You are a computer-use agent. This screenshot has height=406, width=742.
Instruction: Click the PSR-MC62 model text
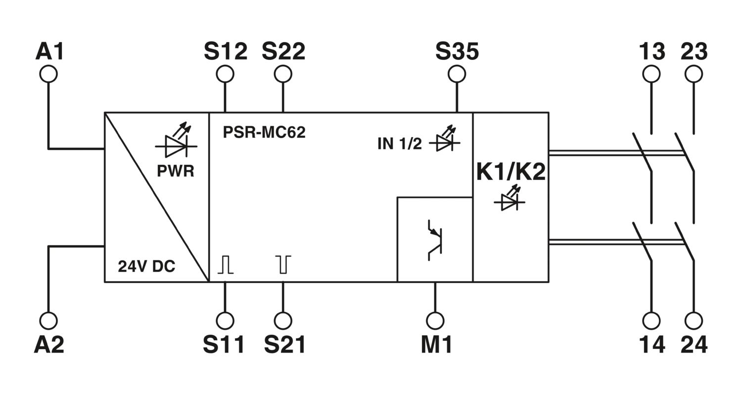(264, 132)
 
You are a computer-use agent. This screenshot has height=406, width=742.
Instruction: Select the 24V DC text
(146, 266)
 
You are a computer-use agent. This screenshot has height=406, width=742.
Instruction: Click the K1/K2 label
(511, 172)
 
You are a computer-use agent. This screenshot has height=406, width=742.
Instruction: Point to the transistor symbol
(435, 240)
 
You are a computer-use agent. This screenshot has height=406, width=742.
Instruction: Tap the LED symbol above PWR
(176, 141)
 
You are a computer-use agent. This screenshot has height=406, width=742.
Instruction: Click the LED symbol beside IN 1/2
(445, 139)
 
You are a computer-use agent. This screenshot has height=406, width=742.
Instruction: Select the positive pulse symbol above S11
(225, 264)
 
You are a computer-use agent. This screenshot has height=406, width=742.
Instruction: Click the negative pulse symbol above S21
(283, 264)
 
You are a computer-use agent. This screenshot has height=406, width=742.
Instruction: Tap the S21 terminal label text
(285, 345)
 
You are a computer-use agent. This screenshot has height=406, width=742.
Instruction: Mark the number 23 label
(694, 51)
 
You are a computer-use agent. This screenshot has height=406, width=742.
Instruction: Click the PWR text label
(176, 171)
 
